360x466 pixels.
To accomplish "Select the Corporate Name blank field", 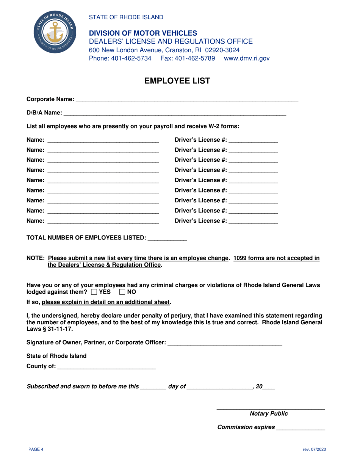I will [x=187, y=100].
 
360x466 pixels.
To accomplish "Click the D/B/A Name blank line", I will [x=174, y=113].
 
